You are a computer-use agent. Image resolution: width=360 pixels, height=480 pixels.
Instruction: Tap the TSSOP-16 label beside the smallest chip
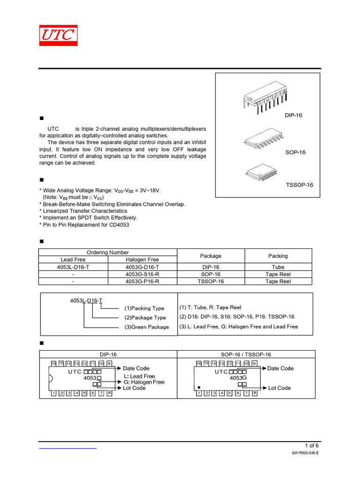coord(299,185)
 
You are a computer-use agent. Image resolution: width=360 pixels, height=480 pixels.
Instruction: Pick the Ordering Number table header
coord(108,252)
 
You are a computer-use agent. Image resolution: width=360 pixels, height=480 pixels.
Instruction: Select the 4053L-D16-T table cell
coord(73,267)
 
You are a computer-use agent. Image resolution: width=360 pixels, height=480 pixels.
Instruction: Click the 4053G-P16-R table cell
coord(142,281)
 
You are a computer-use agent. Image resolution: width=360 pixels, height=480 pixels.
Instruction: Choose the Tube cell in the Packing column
coord(278,267)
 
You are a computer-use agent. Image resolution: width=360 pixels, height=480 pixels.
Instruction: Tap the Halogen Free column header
coord(142,260)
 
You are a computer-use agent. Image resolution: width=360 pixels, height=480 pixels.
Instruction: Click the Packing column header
coord(278,256)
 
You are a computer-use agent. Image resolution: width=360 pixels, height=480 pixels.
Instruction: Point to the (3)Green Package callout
coord(146,327)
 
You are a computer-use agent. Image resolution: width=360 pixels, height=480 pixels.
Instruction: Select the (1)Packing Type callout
coord(144,308)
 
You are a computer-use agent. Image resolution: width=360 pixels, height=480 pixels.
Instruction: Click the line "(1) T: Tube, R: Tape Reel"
coord(210,307)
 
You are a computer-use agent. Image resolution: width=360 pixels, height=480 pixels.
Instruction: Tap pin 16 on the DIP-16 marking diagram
coord(53,363)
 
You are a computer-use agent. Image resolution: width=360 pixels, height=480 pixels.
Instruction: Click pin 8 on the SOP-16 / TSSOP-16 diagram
coord(255,393)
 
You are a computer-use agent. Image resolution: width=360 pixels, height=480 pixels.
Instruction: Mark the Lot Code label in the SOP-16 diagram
coord(279,388)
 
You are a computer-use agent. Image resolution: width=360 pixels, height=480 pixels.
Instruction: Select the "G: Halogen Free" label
coord(144,382)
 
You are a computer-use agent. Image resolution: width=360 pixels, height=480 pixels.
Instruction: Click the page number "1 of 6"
coord(312,445)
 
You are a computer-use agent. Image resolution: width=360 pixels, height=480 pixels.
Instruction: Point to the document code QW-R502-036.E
coord(305,454)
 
